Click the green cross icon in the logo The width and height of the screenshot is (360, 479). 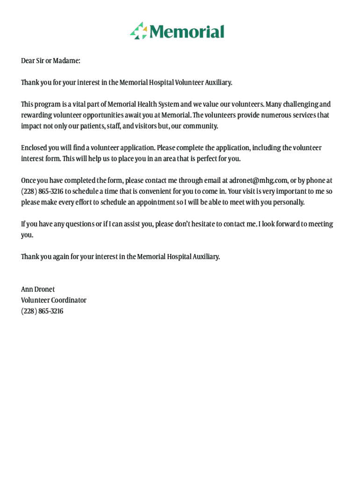coord(139,31)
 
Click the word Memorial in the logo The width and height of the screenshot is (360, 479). coord(187,32)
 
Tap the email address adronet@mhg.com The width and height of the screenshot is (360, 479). coord(259,181)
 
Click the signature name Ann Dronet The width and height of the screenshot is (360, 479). coord(38,290)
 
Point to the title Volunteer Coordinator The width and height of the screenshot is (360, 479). coord(54,300)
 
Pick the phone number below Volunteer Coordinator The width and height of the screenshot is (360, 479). coord(42,311)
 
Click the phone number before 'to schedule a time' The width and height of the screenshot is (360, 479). coord(42,191)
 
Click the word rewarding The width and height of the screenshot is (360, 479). coord(36,115)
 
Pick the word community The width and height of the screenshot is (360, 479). coord(200,126)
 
